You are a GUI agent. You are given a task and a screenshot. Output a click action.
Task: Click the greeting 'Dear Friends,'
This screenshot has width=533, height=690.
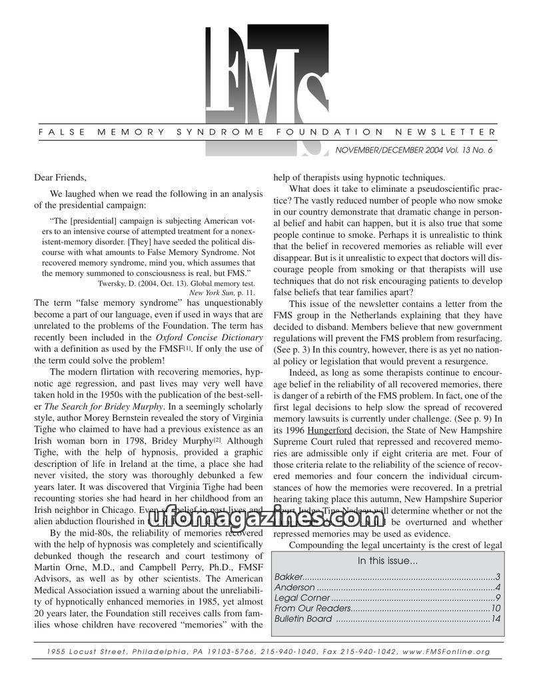coord(60,177)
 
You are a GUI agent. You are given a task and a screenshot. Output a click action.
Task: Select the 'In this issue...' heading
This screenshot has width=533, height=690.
coord(388,561)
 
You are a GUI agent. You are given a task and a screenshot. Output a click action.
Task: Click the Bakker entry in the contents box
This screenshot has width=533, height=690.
coord(289,576)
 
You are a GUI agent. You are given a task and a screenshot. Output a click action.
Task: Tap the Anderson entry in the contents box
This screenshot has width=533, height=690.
coord(294,587)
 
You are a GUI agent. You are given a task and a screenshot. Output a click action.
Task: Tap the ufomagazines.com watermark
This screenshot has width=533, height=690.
coord(266,517)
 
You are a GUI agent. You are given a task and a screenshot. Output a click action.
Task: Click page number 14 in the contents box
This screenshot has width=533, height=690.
coord(495,619)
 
